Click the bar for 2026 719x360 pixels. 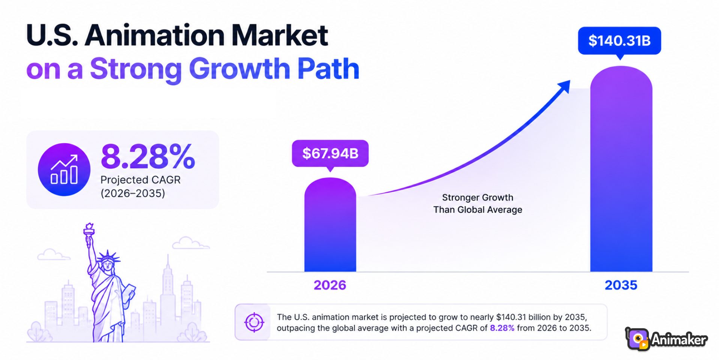click(330, 225)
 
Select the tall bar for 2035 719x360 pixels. click(621, 169)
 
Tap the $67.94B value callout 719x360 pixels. click(330, 153)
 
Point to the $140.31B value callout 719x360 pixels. click(619, 40)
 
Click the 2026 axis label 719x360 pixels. click(330, 285)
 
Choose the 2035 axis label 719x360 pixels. click(621, 285)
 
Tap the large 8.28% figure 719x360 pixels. click(148, 156)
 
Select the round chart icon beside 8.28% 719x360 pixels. click(64, 169)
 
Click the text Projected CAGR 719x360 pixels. click(141, 180)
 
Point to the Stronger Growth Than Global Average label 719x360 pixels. click(478, 203)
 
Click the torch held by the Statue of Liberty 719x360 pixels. click(89, 234)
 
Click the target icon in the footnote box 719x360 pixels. click(254, 322)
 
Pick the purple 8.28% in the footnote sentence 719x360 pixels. click(502, 328)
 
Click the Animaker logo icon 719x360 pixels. click(637, 339)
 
